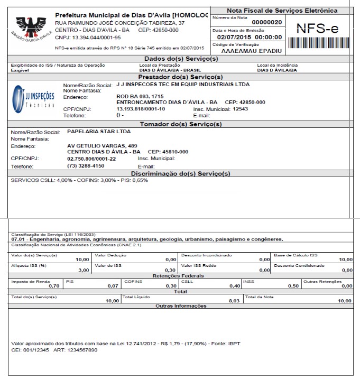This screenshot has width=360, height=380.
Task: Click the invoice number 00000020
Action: [267, 22]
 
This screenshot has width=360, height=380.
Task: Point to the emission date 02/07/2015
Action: [230, 38]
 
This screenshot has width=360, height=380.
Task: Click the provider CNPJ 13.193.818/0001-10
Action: [141, 109]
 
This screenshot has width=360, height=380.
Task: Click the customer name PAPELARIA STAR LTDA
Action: [99, 131]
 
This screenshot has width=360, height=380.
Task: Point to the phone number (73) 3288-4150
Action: [86, 166]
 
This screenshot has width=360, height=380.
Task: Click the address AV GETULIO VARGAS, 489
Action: [103, 145]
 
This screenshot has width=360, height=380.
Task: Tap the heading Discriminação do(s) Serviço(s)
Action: [180, 173]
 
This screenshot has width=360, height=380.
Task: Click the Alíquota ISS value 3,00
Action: [83, 270]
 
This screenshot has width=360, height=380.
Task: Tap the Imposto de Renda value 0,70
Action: [53, 285]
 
